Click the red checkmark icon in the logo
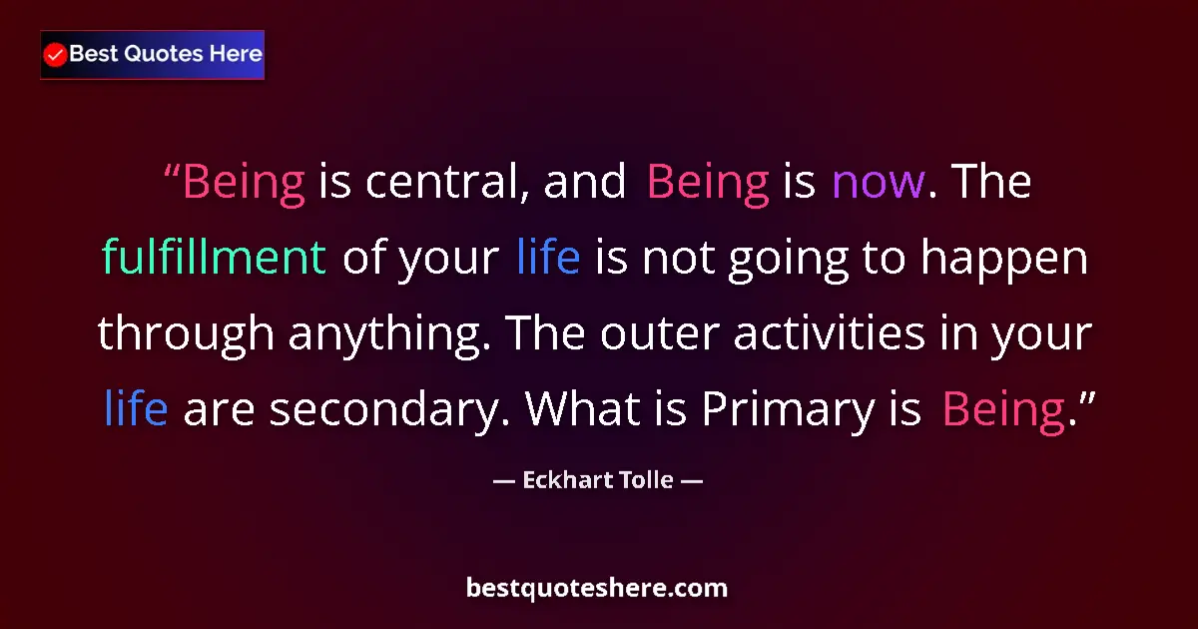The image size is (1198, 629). (56, 55)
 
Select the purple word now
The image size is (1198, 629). (878, 183)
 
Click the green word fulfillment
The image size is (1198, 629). (214, 259)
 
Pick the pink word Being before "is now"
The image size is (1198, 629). (707, 183)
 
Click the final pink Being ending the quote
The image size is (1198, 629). (1003, 408)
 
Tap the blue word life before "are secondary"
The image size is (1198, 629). (135, 408)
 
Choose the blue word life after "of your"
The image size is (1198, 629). (548, 259)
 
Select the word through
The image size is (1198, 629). (185, 334)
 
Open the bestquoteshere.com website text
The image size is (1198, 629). (597, 588)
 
